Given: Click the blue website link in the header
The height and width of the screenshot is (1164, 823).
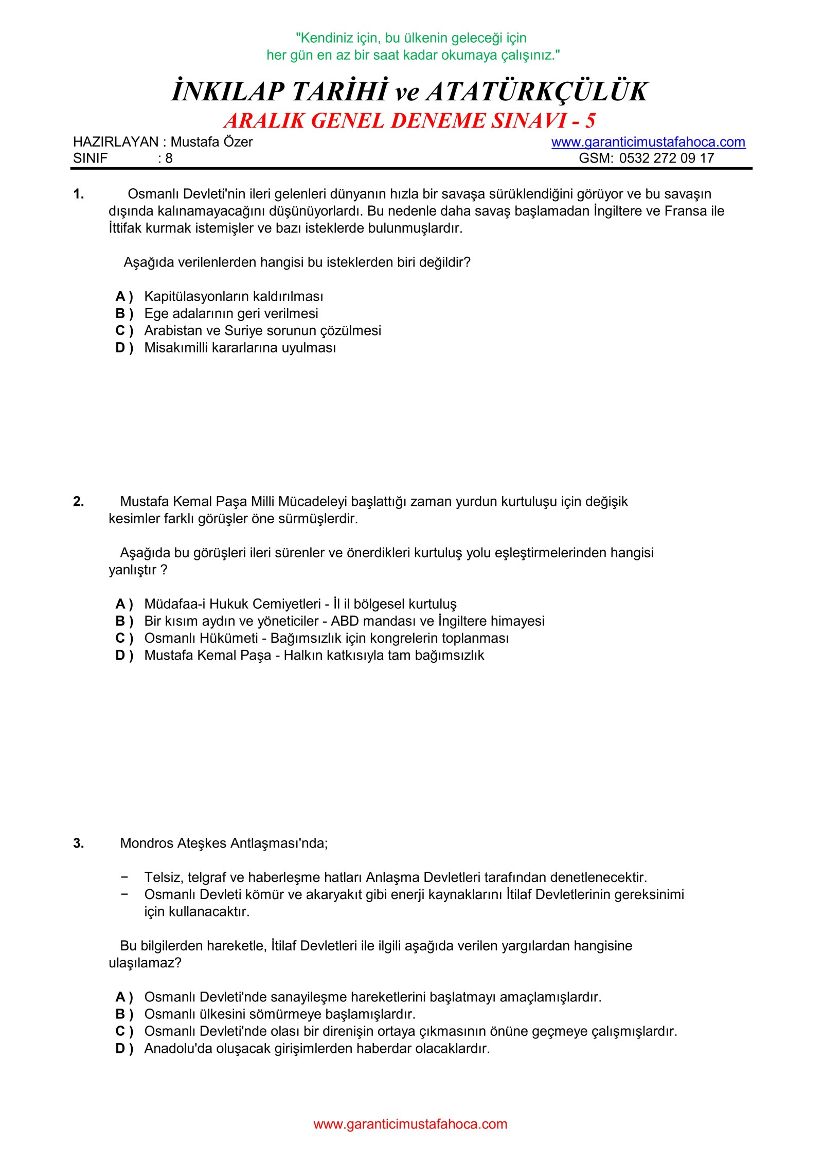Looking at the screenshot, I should click(648, 142).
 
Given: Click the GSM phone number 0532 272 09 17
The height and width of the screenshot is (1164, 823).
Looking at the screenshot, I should click(667, 158).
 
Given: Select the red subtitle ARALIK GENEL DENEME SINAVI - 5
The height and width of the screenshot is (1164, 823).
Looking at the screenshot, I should click(410, 120).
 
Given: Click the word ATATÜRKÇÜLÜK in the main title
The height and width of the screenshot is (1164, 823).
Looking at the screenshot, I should click(536, 92).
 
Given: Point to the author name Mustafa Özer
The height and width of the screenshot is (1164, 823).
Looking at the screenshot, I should click(211, 142).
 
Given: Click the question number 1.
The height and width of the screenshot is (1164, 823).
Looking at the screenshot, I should click(78, 194).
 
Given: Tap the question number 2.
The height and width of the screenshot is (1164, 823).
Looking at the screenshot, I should click(78, 501).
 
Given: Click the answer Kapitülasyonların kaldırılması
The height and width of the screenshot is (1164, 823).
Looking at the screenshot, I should click(234, 296).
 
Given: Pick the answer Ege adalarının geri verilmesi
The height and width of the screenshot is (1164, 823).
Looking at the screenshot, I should click(231, 313).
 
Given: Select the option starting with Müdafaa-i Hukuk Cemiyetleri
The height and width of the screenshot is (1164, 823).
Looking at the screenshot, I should click(300, 604).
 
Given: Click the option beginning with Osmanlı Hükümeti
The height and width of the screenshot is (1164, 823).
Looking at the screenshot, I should click(326, 638).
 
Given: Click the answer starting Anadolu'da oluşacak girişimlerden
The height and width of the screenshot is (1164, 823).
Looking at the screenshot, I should click(317, 1048).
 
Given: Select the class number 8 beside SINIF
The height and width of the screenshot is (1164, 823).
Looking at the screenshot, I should click(169, 158).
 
